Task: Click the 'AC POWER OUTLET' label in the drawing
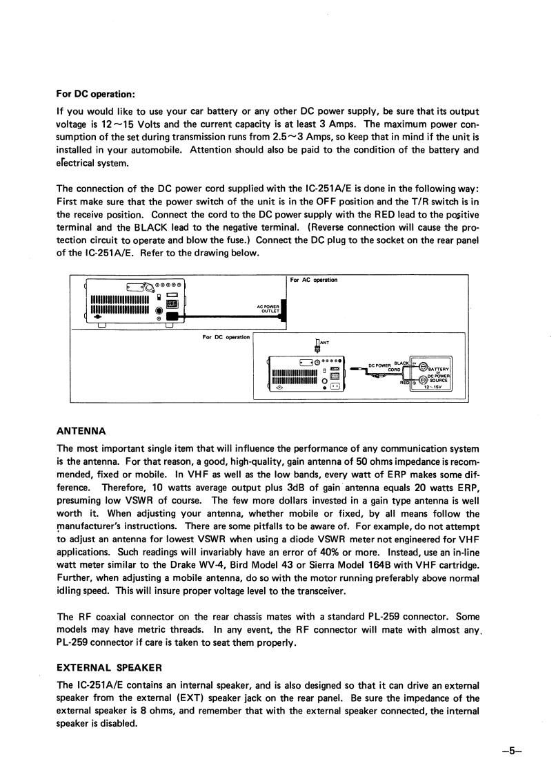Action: point(268,309)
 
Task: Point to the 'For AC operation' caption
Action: point(314,280)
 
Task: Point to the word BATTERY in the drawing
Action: point(439,368)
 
